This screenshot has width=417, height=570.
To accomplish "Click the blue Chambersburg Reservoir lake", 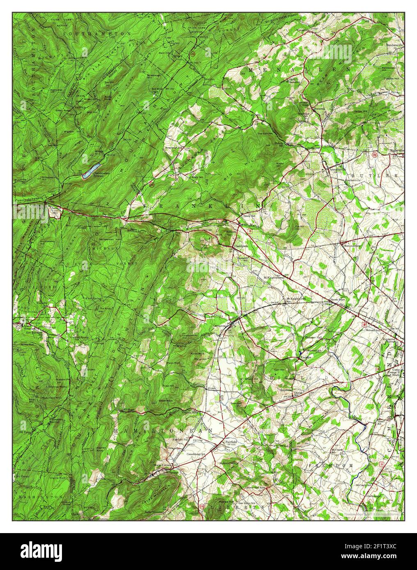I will click(x=91, y=169).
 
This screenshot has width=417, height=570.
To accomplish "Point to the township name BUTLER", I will click(x=383, y=175).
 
